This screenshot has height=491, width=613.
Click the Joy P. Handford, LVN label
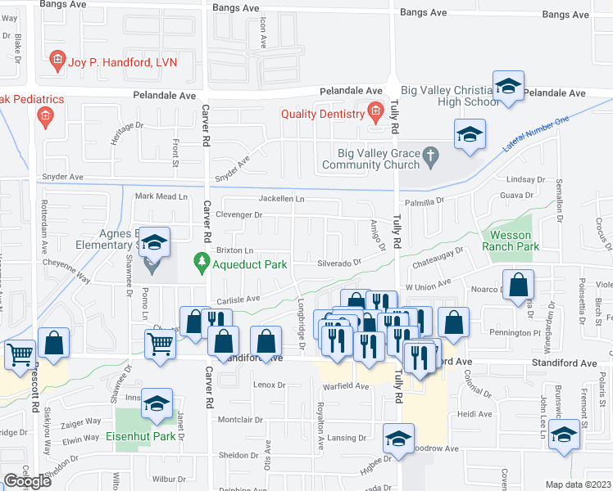[122, 61]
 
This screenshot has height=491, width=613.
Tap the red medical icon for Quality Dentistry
[375, 112]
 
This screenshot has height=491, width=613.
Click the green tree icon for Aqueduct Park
[199, 263]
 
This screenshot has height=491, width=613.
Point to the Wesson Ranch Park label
[511, 240]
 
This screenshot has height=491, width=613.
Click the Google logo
[28, 481]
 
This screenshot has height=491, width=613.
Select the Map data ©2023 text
[579, 484]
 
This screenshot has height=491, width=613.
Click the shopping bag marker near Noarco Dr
[519, 286]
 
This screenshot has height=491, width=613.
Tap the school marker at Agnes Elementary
[153, 242]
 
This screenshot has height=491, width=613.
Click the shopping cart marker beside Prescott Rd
[20, 354]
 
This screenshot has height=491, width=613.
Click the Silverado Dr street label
[340, 263]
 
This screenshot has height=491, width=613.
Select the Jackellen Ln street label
[281, 199]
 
